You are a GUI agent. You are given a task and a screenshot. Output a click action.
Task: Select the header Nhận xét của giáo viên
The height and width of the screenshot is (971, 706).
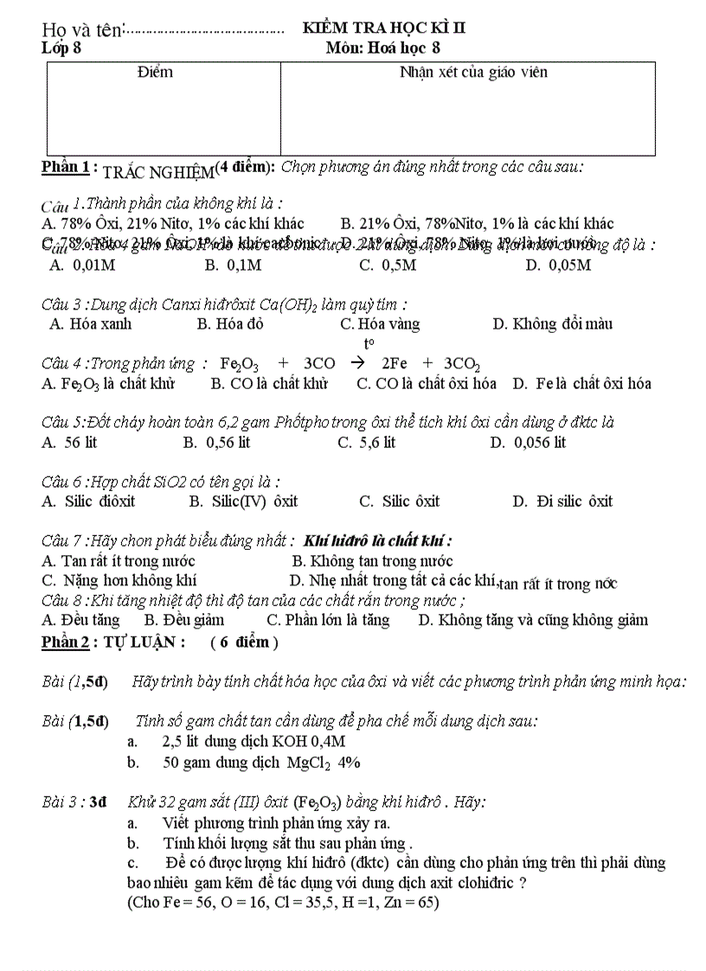pyautogui.click(x=473, y=73)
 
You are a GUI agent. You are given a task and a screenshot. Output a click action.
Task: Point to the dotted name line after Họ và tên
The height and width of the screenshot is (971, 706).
pyautogui.click(x=205, y=33)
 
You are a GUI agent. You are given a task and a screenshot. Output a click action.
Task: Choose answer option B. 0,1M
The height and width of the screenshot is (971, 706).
pyautogui.click(x=233, y=265)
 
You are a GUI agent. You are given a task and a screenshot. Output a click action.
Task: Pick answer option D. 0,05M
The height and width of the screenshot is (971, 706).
pyautogui.click(x=558, y=265)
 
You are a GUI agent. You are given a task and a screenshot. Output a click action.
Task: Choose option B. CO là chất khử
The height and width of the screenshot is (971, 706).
pyautogui.click(x=269, y=384)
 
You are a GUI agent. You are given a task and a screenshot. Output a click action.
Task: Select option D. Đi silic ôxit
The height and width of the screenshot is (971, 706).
pyautogui.click(x=562, y=501)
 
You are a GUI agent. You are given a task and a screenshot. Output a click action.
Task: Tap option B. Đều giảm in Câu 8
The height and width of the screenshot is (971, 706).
pyautogui.click(x=178, y=620)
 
